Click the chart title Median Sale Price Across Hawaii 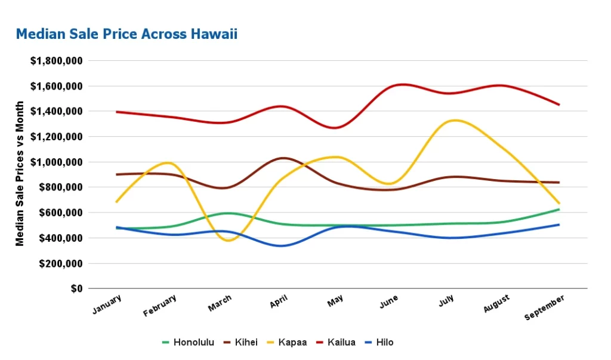tap(126, 34)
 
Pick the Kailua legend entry tap(336, 342)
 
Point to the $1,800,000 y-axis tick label tap(55, 61)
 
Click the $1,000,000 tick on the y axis tap(55, 162)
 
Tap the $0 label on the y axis tap(76, 288)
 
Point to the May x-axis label tap(335, 302)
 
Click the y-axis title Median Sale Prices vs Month tap(20, 173)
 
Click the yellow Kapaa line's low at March tap(230, 240)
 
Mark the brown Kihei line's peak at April tap(283, 158)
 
